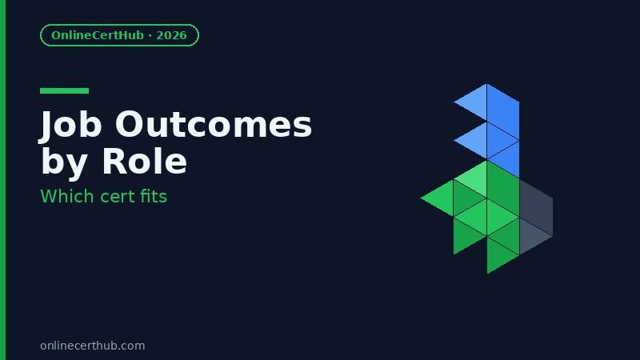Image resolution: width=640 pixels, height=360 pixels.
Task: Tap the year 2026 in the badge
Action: (x=171, y=35)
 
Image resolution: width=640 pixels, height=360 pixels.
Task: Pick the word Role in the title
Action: (x=144, y=162)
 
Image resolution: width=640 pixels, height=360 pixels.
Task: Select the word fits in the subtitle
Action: (x=154, y=195)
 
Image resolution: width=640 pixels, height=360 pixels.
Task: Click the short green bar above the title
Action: (x=64, y=91)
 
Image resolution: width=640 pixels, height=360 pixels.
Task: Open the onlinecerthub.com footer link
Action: (x=92, y=346)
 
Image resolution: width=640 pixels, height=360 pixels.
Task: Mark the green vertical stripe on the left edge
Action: (x=2, y=180)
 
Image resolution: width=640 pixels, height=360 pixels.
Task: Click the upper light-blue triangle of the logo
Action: (x=475, y=102)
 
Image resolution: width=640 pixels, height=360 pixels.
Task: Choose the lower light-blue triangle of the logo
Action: (x=475, y=140)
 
